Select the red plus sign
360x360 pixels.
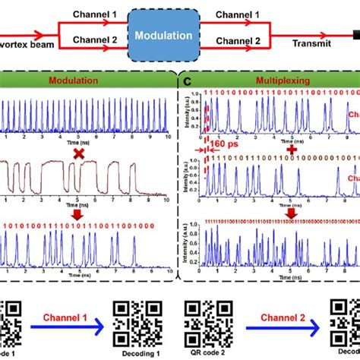tap(291, 150)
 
